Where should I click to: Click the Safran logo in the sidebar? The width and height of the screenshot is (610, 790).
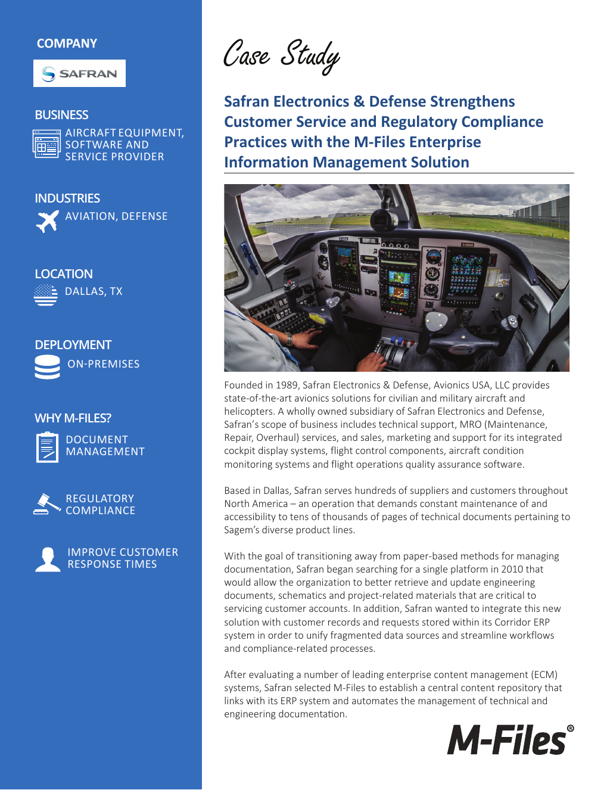pos(79,73)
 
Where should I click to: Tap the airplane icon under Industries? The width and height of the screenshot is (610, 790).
pos(47,220)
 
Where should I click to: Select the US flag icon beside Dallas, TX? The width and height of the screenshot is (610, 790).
pos(46,294)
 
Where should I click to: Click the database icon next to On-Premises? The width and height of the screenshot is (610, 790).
pos(47,367)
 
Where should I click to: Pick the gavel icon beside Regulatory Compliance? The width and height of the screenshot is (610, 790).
pos(46,504)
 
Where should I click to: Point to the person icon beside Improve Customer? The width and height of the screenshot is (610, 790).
pos(48,559)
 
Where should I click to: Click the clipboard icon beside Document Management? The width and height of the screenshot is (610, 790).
pos(47,447)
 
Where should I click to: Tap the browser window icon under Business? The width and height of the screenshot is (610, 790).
pos(46,144)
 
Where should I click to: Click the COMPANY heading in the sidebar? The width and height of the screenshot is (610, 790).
pos(67,43)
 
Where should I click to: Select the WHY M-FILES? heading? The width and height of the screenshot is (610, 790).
pos(73,418)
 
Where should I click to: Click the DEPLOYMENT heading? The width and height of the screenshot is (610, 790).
pos(73,345)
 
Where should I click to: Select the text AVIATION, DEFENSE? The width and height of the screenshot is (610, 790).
pos(116,216)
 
